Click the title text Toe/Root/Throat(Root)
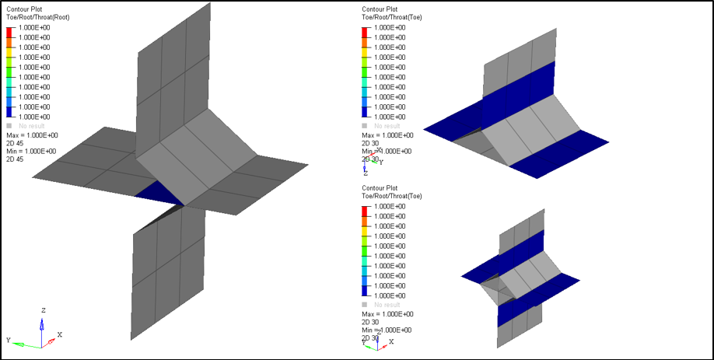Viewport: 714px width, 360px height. (37, 17)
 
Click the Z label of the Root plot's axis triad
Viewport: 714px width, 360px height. (44, 310)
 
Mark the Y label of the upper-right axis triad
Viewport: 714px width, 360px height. (380, 163)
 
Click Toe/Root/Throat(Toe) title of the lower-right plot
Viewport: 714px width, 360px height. (392, 196)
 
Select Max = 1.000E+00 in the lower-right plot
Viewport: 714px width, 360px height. (387, 313)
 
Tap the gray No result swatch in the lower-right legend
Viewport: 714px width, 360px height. (365, 304)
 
